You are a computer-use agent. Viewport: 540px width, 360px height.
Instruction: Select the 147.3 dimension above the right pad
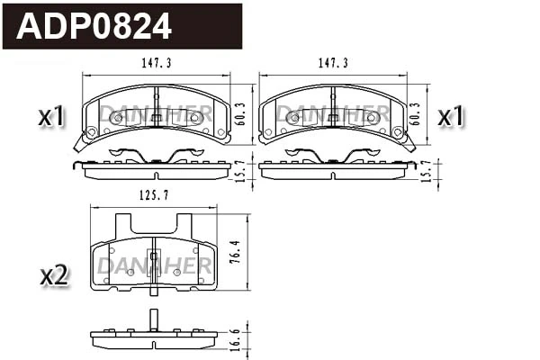[x=333, y=64]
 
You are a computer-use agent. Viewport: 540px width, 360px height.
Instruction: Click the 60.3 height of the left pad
[x=240, y=112]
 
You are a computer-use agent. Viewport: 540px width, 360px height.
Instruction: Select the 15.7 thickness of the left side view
[x=240, y=170]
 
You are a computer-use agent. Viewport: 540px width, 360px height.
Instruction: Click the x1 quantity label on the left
[x=51, y=117]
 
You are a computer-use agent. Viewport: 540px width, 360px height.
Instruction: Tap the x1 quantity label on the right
[x=450, y=117]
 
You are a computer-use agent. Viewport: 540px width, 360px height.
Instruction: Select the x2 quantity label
[x=54, y=276]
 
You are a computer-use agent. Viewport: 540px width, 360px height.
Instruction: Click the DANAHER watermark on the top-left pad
[x=156, y=112]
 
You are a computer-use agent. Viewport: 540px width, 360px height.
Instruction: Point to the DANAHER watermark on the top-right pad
[x=332, y=112]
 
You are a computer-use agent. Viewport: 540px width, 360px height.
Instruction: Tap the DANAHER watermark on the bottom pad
[x=154, y=265]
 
